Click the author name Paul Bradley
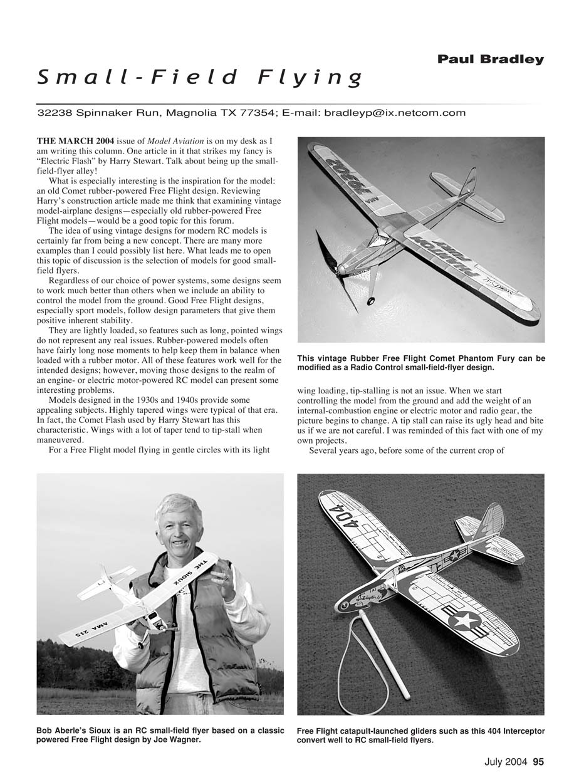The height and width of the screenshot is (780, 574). [491, 60]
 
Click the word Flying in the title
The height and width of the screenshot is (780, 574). [311, 77]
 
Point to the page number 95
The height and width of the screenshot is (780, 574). [538, 762]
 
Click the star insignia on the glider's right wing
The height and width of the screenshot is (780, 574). [465, 621]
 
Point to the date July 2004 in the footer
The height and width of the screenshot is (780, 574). [506, 762]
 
